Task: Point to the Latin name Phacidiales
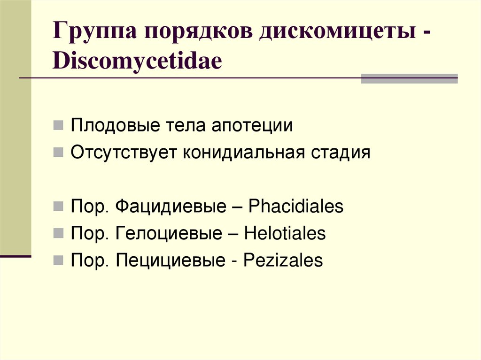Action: (x=296, y=207)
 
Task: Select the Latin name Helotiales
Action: (x=285, y=233)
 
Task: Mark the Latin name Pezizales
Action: (x=283, y=260)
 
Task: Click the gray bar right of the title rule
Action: (x=409, y=78)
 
